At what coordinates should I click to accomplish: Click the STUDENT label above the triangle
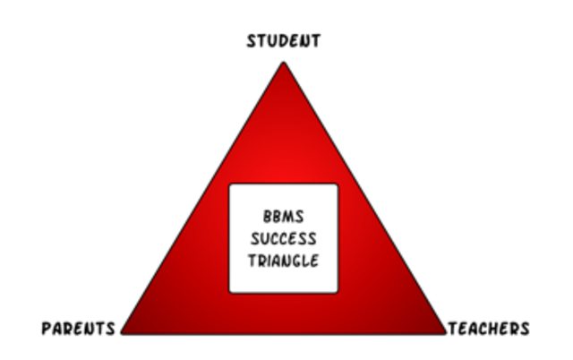tap(283, 40)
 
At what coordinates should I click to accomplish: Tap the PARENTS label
tap(79, 329)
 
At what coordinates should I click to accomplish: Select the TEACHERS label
tap(488, 329)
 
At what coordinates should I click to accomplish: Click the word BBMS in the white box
tap(283, 218)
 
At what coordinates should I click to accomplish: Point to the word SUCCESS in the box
tap(283, 239)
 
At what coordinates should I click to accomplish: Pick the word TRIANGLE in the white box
tap(283, 261)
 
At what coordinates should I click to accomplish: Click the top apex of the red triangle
tap(283, 63)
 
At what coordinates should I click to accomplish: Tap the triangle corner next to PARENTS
tap(123, 333)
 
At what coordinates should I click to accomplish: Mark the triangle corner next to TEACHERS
tap(445, 333)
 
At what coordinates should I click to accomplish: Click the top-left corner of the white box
tap(230, 185)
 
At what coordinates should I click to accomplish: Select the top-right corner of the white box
tap(338, 185)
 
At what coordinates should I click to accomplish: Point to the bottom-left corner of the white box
tap(230, 292)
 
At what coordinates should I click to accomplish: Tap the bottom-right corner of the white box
tap(338, 292)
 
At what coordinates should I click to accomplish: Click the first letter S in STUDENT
tap(252, 40)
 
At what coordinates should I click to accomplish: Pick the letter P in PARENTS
tap(47, 329)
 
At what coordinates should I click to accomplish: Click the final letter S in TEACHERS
tap(524, 329)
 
